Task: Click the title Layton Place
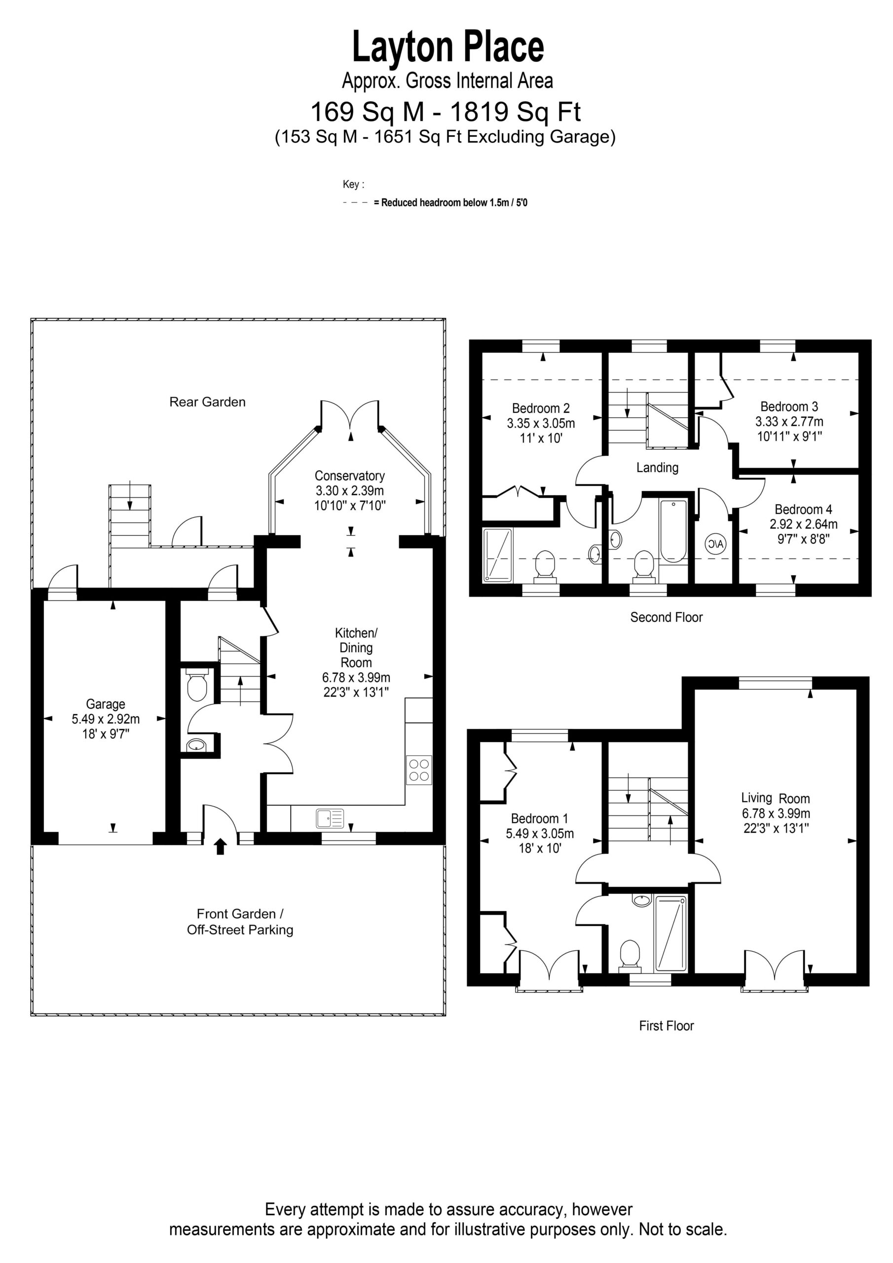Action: (448, 47)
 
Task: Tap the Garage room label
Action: (105, 704)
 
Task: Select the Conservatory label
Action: (349, 476)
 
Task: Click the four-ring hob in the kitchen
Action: (419, 770)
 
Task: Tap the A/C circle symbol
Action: (716, 544)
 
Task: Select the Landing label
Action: (657, 468)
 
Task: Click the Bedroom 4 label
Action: (803, 509)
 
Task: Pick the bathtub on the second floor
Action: (673, 531)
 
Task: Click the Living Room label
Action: (775, 798)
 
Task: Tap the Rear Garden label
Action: (207, 402)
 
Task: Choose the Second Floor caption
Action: (667, 617)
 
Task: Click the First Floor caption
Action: (667, 1026)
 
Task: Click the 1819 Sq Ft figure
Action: (516, 112)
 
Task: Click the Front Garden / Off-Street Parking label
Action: (240, 922)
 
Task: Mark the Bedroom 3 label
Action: (789, 407)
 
